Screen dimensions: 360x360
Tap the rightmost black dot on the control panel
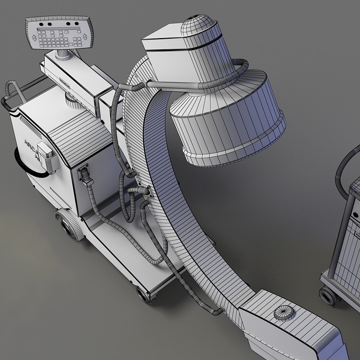[x=77, y=24]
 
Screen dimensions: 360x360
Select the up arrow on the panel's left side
[x=34, y=35]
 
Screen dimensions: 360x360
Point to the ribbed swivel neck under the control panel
[x=63, y=54]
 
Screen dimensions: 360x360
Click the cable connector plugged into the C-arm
[x=142, y=191]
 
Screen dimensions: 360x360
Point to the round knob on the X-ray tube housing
[x=284, y=313]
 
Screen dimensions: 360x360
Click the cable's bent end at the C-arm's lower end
[x=219, y=311]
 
